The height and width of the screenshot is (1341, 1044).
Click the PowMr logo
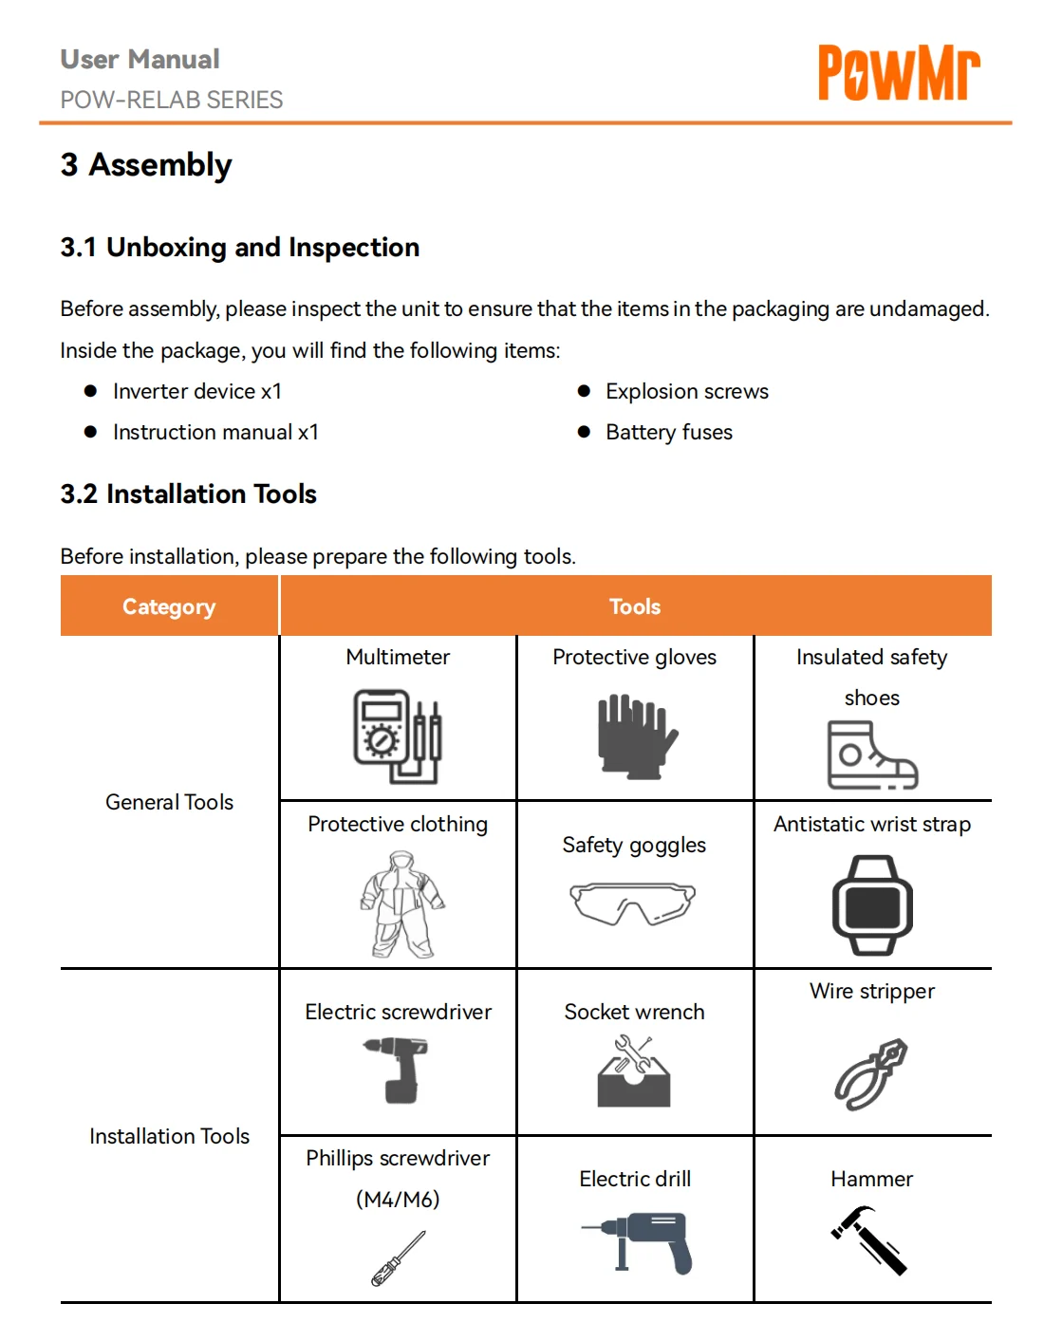(x=899, y=72)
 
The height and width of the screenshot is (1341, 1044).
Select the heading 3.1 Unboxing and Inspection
(x=240, y=248)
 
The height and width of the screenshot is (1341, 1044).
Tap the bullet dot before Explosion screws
(x=584, y=391)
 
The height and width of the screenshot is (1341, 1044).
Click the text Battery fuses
(x=669, y=432)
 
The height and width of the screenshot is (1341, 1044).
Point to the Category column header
(x=169, y=606)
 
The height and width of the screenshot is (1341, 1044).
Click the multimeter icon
(x=398, y=736)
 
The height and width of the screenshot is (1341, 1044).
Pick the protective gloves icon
(x=637, y=736)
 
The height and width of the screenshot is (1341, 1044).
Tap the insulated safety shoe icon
(x=872, y=754)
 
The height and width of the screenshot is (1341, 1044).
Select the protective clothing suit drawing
(x=401, y=904)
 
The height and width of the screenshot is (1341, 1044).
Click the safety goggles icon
(x=633, y=903)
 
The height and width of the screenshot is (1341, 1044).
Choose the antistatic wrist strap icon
(x=872, y=905)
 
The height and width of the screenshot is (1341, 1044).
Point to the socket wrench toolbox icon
(x=634, y=1071)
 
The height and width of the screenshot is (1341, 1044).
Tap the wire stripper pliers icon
(x=870, y=1074)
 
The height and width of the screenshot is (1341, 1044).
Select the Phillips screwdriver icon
(x=399, y=1258)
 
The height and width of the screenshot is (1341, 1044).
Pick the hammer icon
(x=869, y=1239)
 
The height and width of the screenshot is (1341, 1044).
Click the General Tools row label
(x=170, y=802)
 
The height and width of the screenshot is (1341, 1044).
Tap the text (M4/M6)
(x=398, y=1199)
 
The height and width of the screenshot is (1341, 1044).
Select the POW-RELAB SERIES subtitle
(x=172, y=100)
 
